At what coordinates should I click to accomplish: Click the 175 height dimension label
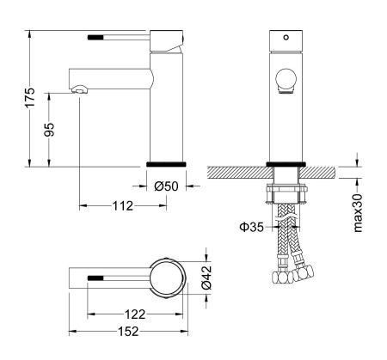(x=30, y=97)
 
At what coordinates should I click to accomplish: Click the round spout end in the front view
(x=285, y=82)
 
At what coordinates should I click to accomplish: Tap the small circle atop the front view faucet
(x=285, y=39)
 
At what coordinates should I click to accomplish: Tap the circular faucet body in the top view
(x=166, y=278)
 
